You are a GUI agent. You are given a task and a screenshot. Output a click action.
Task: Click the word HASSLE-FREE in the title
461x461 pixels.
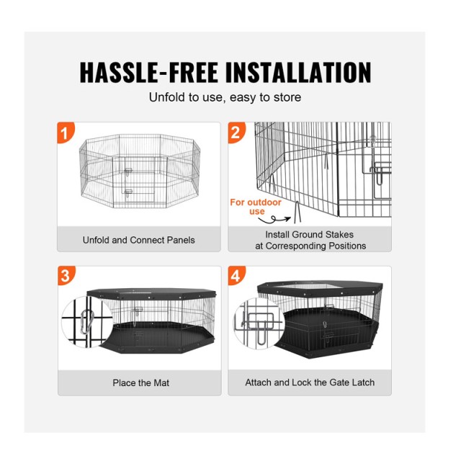pyautogui.click(x=149, y=72)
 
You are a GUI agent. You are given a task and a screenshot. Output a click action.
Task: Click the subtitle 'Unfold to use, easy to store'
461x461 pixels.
pyautogui.click(x=225, y=97)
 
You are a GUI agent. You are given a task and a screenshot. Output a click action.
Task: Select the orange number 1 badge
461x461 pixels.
pyautogui.click(x=66, y=132)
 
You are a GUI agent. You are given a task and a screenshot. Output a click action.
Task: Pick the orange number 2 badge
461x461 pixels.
pyautogui.click(x=236, y=132)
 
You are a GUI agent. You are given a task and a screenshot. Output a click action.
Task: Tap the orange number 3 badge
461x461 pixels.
pyautogui.click(x=66, y=275)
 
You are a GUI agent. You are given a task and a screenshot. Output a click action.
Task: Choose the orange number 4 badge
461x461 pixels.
pyautogui.click(x=236, y=275)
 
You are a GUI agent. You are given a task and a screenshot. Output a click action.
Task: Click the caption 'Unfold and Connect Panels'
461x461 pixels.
pyautogui.click(x=139, y=240)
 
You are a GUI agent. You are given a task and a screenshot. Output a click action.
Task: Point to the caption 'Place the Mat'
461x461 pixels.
pyautogui.click(x=141, y=382)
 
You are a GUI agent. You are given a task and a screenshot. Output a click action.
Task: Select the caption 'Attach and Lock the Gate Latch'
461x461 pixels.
pyautogui.click(x=310, y=382)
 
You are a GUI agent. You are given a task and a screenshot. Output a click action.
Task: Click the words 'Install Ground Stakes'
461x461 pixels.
pyautogui.click(x=309, y=234)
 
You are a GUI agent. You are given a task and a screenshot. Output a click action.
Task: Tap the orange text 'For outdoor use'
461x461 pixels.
pyautogui.click(x=256, y=207)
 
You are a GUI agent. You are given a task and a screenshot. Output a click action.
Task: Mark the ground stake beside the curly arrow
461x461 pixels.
pyautogui.click(x=297, y=212)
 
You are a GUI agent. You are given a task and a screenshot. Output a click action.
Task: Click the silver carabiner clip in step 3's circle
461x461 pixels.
pyautogui.click(x=86, y=322)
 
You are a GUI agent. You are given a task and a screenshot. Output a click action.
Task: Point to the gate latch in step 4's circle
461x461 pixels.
pyautogui.click(x=258, y=327)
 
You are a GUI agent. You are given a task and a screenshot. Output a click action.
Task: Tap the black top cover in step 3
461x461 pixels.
pyautogui.click(x=151, y=293)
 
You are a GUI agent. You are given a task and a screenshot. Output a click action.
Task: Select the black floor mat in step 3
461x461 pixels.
pyautogui.click(x=158, y=337)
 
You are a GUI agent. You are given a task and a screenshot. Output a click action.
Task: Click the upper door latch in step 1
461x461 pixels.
pyautogui.click(x=128, y=171)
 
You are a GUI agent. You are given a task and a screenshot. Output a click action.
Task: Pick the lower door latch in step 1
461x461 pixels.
pyautogui.click(x=128, y=192)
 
